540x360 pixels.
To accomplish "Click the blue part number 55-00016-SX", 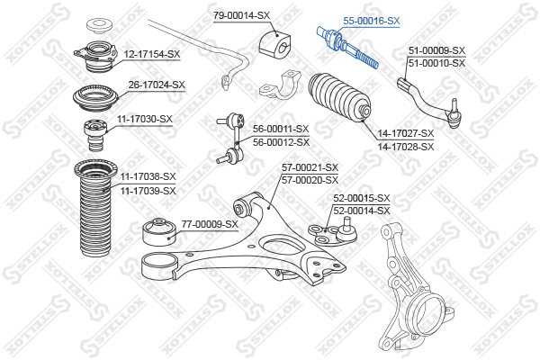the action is [x=371, y=21].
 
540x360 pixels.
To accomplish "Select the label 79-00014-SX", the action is [x=241, y=15].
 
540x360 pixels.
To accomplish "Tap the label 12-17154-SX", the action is [x=152, y=54].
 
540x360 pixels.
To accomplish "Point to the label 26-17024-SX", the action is [x=157, y=85].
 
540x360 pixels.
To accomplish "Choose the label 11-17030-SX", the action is [x=145, y=119].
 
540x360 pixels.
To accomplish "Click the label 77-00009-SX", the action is [x=210, y=224].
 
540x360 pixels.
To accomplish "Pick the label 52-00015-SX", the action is [x=362, y=198].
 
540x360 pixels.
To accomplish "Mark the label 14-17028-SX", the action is [x=406, y=147].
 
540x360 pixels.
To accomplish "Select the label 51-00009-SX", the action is [x=436, y=50].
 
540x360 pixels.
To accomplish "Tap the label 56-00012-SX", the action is [x=281, y=142].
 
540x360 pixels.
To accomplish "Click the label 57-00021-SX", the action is [x=310, y=167].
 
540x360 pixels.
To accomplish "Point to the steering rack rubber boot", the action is [x=339, y=97].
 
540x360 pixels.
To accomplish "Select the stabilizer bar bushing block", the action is [x=274, y=44].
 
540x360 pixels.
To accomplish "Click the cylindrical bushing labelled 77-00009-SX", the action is [x=159, y=232].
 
